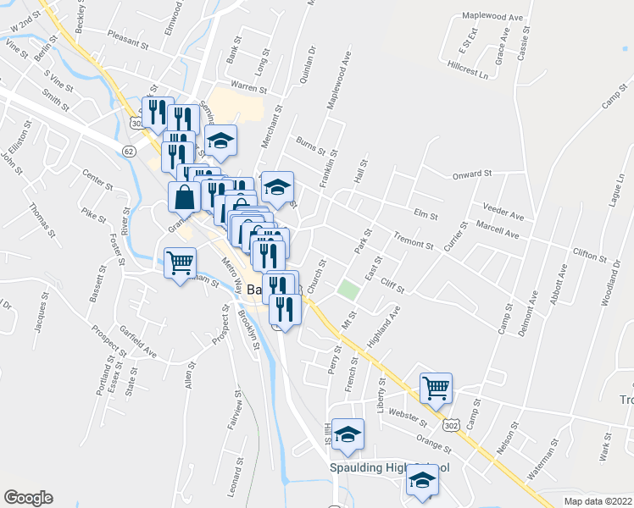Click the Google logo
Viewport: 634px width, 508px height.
coord(28,498)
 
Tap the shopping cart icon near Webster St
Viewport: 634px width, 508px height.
coord(436,389)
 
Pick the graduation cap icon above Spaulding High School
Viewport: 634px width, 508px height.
coord(347,435)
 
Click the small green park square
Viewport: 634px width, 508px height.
coord(348,290)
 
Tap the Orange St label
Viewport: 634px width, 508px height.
coord(435,440)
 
